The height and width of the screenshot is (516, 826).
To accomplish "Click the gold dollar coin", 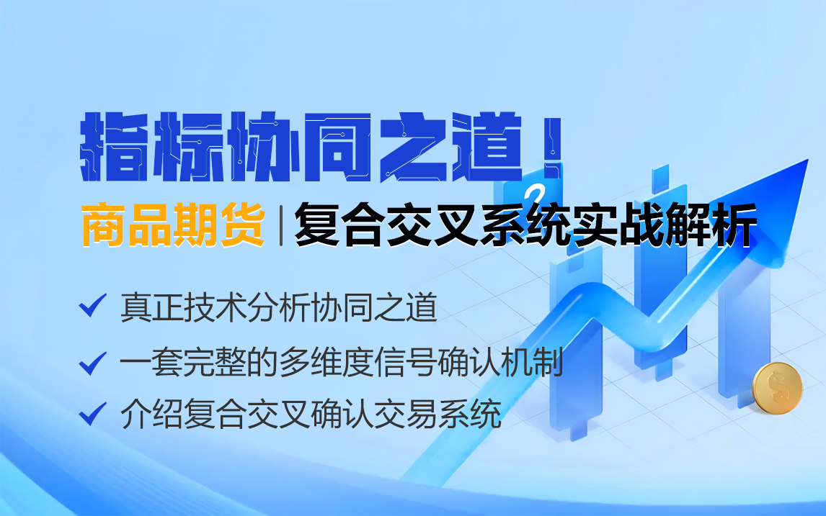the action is (x=777, y=388).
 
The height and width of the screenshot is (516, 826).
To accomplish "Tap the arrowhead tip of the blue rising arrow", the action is (x=807, y=160).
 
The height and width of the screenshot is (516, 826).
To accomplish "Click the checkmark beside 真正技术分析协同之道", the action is (x=93, y=306).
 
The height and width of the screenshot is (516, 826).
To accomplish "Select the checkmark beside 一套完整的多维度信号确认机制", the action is (x=93, y=363).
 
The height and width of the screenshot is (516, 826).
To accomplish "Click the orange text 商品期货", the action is (x=173, y=225).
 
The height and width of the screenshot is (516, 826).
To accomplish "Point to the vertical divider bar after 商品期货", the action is (x=281, y=226).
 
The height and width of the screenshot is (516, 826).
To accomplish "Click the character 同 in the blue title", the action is (x=337, y=147).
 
